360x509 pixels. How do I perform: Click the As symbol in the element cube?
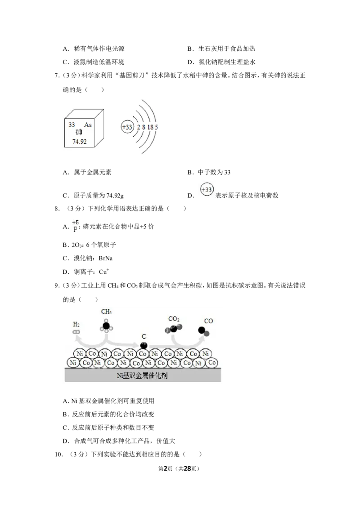[x=88, y=125]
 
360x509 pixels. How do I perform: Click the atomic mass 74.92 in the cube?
[x=79, y=142]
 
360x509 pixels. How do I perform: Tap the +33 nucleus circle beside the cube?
[x=127, y=127]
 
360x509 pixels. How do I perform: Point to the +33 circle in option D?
[x=207, y=189]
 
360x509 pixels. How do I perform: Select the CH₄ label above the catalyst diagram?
[x=106, y=312]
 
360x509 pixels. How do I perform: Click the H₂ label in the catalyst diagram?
[x=76, y=324]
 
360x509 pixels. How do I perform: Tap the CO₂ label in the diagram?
[x=174, y=319]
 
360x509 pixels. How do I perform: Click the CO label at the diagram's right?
[x=208, y=321]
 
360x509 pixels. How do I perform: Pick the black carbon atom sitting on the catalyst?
[x=144, y=345]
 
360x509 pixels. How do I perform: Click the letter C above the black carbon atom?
[x=144, y=336]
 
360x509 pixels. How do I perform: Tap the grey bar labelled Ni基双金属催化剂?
[x=143, y=375]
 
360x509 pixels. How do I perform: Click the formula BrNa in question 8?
[x=106, y=259]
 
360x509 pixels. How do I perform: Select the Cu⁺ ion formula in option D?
[x=104, y=272]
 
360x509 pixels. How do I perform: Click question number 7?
[x=57, y=76]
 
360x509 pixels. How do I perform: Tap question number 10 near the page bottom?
[x=58, y=455]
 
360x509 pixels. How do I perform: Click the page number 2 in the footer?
[x=166, y=469]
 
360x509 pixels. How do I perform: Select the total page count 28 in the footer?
[x=188, y=469]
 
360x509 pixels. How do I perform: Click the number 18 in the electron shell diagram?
[x=150, y=127]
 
